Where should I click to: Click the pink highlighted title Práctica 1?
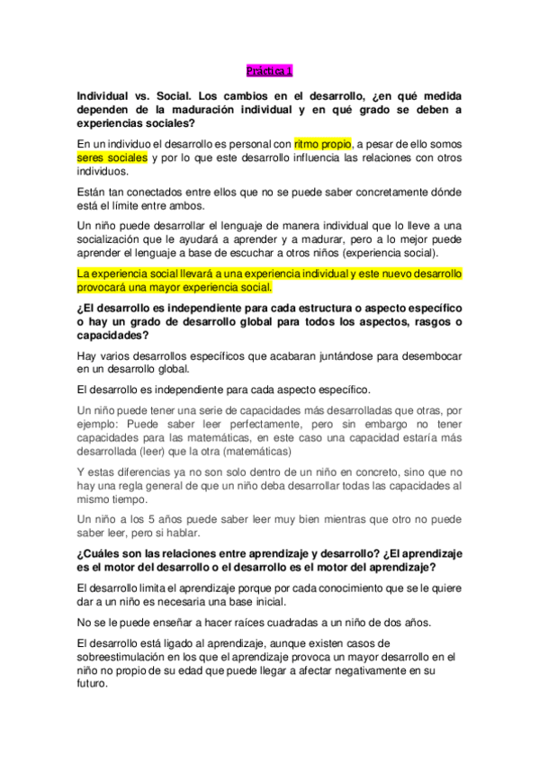pos(269,70)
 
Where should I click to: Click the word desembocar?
pos(428,355)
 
